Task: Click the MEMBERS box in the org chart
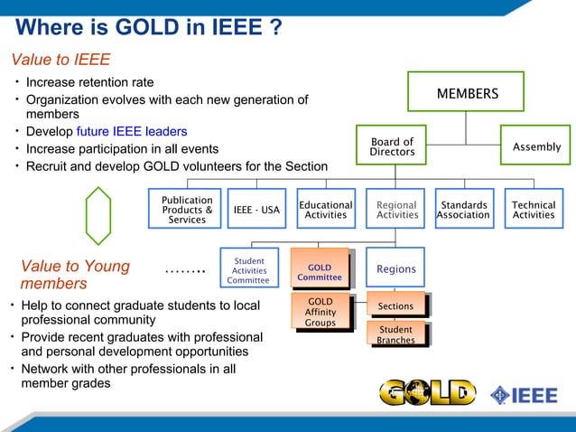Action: pos(466,93)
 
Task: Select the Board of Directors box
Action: pos(392,147)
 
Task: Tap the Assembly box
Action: pos(536,146)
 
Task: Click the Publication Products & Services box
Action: pos(187,209)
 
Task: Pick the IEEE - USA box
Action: pos(256,210)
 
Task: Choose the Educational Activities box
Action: pos(325,210)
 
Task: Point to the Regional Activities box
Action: pos(395,210)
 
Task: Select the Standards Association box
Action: pos(463,210)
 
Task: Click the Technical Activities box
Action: pos(533,210)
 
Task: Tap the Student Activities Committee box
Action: pos(248,270)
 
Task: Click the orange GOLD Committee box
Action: pos(320,270)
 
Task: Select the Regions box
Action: pos(395,269)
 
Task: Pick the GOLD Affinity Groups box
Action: pos(321,312)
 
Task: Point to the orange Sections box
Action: pos(395,305)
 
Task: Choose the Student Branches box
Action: pos(395,334)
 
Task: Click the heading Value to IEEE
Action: pos(60,61)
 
